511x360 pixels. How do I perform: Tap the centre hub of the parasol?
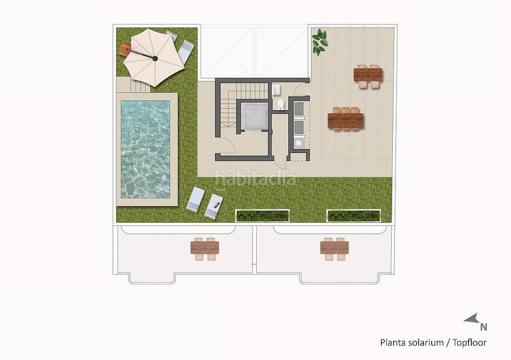pos(154,57)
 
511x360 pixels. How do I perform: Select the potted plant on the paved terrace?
pos(319,42)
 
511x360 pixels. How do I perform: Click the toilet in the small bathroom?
pos(280,104)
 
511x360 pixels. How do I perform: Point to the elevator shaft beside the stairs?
pos(254,116)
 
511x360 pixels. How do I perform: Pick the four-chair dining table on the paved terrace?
pos(369,76)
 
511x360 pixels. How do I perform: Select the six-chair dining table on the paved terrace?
pos(346,119)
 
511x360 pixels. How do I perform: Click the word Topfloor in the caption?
pos(471,343)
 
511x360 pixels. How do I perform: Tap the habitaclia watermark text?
pos(256,179)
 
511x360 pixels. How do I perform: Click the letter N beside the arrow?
pos(484,327)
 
